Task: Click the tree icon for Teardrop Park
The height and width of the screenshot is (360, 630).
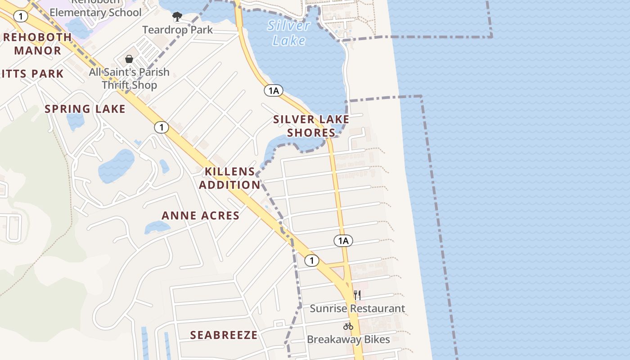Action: [177, 17]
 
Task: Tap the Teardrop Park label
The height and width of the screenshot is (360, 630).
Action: [177, 30]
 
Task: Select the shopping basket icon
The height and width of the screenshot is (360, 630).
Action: [129, 59]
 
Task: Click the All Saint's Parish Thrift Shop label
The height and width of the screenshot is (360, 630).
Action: [129, 78]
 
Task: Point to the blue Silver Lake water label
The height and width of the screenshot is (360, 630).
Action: [289, 33]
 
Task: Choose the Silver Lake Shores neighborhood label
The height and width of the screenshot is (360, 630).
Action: [311, 126]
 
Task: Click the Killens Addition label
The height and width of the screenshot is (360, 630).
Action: [229, 178]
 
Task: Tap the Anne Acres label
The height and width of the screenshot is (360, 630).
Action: [200, 216]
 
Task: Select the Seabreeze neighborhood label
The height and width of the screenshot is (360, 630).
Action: [224, 335]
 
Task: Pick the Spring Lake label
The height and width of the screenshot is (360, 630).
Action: [85, 109]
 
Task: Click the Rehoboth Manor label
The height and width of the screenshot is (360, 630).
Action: [37, 44]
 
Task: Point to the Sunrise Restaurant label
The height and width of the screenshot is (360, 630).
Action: [357, 309]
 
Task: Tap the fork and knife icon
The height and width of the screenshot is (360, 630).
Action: [357, 295]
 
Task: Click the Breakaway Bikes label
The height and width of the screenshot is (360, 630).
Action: [348, 339]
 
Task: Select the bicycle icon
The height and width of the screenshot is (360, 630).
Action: [348, 326]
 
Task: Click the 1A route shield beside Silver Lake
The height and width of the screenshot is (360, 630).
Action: [274, 91]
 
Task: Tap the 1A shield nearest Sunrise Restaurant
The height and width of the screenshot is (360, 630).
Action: [343, 241]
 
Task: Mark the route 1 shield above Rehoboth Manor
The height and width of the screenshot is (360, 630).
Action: [21, 17]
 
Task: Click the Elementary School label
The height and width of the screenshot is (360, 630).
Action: [95, 12]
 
